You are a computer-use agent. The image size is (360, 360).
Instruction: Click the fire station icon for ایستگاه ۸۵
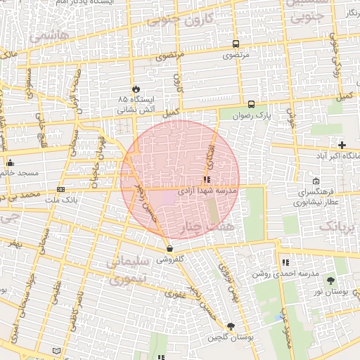tap(136, 89)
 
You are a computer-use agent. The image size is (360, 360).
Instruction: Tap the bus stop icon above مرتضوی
tap(234, 43)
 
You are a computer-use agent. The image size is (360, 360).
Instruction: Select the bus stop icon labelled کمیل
tap(251, 103)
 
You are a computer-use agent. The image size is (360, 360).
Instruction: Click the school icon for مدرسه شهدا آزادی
tap(206, 179)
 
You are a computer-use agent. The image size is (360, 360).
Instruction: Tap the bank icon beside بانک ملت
tap(61, 190)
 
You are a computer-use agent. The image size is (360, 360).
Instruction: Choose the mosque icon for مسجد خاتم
tap(10, 164)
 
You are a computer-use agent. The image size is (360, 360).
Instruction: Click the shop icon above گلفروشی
tap(169, 248)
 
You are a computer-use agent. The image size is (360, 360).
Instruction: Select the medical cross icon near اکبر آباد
tap(342, 144)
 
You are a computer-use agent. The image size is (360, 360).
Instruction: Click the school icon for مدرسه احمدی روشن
tap(285, 262)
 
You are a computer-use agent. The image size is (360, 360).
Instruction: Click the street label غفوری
tap(175, 295)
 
